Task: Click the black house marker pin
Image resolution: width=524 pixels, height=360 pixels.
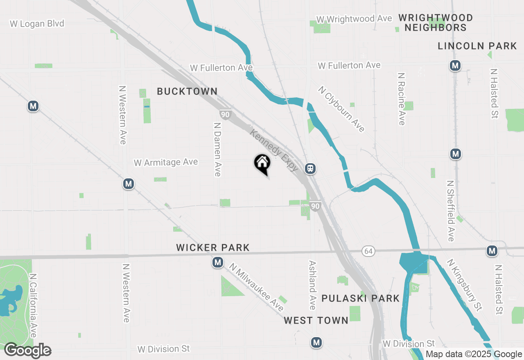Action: (262, 164)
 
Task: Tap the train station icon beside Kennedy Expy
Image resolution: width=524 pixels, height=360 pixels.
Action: (310, 168)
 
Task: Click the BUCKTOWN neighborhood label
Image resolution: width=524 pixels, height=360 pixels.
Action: (187, 91)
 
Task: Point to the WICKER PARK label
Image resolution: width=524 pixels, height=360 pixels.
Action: (213, 248)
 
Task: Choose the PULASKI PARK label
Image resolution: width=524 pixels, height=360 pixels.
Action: (360, 298)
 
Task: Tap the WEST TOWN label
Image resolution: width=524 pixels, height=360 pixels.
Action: (316, 320)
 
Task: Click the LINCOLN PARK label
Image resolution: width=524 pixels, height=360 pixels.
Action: (477, 46)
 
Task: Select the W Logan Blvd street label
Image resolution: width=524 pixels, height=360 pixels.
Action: (37, 24)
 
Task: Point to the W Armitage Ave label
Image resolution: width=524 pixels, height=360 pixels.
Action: (166, 162)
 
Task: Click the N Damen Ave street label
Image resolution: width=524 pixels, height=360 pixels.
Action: (218, 148)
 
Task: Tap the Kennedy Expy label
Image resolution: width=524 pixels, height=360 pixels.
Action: (274, 150)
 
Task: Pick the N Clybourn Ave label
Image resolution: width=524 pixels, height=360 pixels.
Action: (341, 109)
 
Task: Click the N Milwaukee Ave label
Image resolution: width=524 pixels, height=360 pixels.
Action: (256, 287)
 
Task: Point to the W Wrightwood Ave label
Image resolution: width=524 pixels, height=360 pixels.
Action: (355, 19)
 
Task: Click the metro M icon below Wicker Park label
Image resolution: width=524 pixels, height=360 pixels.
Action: (218, 262)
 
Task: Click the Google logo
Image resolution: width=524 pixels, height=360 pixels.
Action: (27, 350)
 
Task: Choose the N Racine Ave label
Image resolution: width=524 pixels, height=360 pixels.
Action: (401, 99)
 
